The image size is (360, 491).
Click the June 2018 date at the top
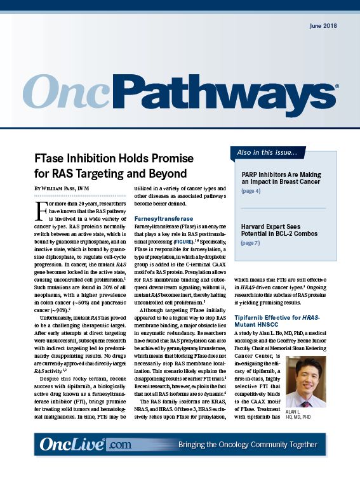(322, 26)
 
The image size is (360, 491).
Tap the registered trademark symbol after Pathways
(336, 88)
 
